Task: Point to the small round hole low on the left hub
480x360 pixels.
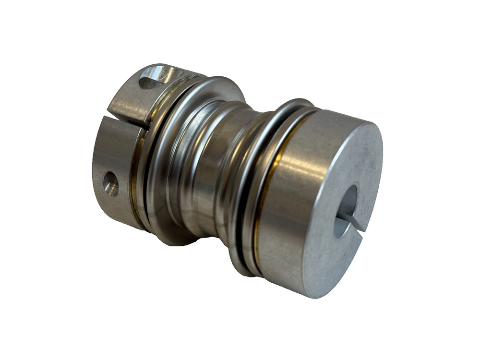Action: pos(110,183)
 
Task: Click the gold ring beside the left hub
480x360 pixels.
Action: pos(138,158)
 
